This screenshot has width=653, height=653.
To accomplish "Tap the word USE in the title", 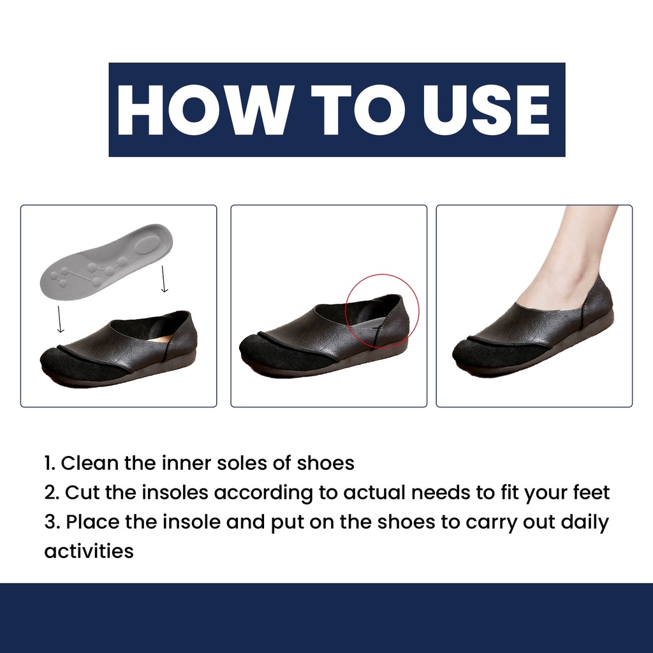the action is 487,110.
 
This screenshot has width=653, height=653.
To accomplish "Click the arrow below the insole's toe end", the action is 61,319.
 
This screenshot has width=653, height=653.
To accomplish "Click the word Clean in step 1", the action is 90,463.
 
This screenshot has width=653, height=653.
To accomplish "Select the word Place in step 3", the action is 92,522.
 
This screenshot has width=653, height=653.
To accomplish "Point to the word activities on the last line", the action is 89,551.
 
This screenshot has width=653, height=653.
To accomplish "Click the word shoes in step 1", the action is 325,463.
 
